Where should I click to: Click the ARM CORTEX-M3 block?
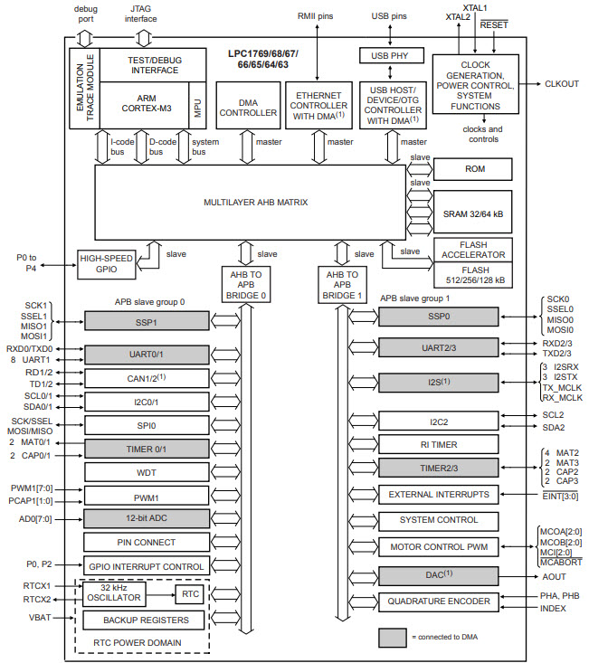(143, 105)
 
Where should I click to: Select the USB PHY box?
(391, 56)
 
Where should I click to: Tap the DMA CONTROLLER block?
(247, 108)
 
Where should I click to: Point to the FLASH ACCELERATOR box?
(471, 249)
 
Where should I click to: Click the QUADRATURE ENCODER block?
(438, 601)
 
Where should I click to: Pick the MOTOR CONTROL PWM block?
(438, 547)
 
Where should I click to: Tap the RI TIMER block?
(438, 444)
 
